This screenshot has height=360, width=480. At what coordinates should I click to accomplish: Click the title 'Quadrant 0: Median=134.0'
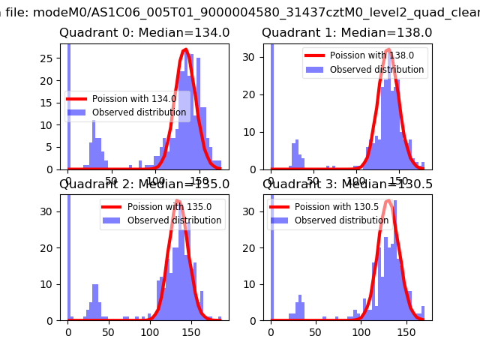[x=144, y=33]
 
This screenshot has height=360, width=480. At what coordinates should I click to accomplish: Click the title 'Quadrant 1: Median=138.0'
[x=346, y=33]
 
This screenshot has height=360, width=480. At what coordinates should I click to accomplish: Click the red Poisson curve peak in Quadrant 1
[x=388, y=50]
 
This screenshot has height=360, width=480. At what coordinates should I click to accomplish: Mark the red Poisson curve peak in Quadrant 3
[x=388, y=201]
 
